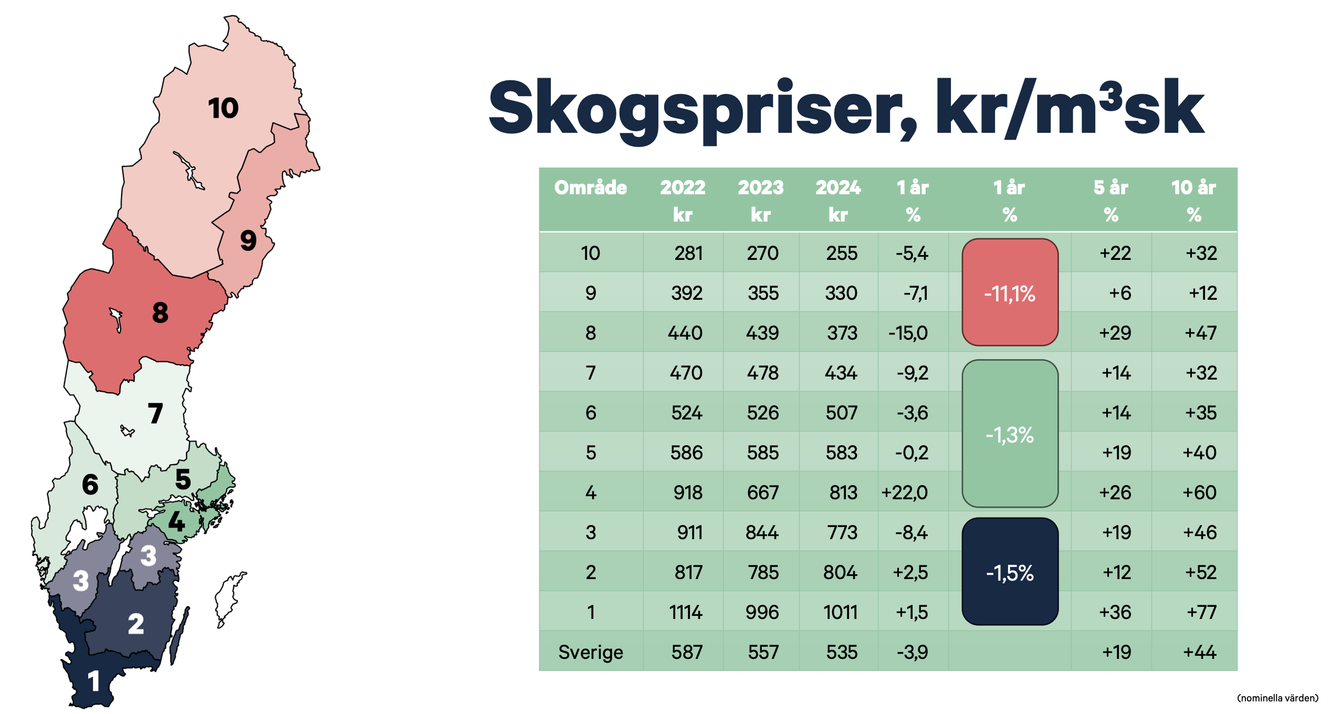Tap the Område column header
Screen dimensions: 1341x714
coord(591,187)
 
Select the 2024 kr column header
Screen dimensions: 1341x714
coord(839,201)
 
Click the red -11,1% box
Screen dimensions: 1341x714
coord(1010,292)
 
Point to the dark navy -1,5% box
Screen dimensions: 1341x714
coord(1010,572)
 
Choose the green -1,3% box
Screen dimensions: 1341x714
coord(1010,434)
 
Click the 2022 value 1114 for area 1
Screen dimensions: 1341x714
coord(686,612)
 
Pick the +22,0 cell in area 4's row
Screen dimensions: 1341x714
coord(905,492)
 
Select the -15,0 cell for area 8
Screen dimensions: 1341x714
coord(908,333)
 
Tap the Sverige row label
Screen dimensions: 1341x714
coord(591,652)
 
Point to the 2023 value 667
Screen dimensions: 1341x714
coord(763,492)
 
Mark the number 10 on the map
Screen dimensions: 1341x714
coord(223,108)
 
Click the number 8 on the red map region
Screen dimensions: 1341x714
coord(160,312)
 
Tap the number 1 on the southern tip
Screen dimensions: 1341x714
coord(94,681)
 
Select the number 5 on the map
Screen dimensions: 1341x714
coord(183,479)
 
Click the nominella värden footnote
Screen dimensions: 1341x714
coord(1278,698)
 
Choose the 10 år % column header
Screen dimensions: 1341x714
coord(1194,201)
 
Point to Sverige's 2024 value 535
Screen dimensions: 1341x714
coord(842,652)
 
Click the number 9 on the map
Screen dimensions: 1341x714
coord(248,240)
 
